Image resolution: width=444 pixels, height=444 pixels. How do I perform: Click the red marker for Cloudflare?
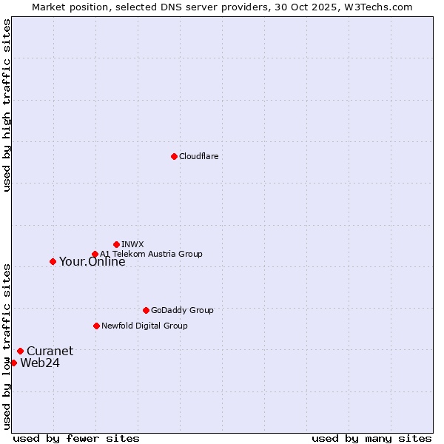pos(174,156)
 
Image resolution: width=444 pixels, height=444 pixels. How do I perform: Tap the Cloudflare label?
pos(198,156)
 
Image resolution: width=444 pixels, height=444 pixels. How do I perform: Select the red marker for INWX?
pos(116,244)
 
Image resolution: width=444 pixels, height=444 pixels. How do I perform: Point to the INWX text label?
pos(132,244)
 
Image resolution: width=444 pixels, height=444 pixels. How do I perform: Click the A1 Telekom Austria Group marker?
pos(95,255)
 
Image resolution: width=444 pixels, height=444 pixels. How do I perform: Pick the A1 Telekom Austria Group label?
pos(151,254)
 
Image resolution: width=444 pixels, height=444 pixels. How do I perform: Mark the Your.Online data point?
pos(53,261)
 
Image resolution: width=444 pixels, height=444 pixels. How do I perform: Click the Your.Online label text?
pos(92,261)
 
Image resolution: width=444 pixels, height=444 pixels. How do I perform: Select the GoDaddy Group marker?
pos(146,310)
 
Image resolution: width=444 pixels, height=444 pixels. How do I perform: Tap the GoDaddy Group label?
pos(181,310)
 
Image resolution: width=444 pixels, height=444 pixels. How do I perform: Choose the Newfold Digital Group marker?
pos(96,326)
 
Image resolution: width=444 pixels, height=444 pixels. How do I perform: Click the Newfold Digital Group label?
pos(144,326)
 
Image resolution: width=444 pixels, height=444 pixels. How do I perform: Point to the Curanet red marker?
pos(20,351)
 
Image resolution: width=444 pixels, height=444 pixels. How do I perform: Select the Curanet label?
pos(50,351)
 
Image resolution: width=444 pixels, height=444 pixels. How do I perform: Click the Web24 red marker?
pos(13,363)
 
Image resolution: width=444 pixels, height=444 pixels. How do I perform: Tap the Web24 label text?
pos(40,363)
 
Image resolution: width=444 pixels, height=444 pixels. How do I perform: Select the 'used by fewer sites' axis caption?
pos(76,438)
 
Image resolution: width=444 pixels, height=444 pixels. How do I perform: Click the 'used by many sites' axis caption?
pos(371,438)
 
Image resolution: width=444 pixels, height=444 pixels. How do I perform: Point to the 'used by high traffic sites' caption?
pos(7,105)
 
